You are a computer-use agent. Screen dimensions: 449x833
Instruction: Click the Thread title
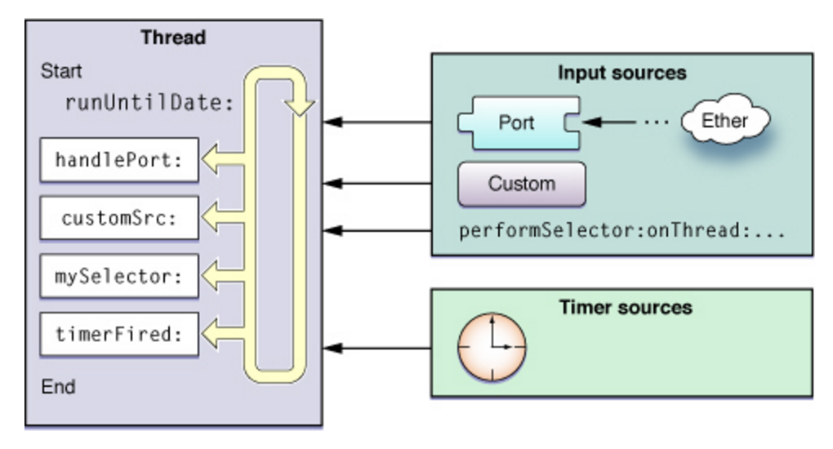click(173, 37)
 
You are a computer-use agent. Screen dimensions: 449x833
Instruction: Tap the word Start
click(61, 71)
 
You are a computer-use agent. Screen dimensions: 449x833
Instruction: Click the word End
click(57, 385)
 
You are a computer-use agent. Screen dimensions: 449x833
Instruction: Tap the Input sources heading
click(621, 73)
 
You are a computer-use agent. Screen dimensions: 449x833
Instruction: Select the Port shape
click(516, 122)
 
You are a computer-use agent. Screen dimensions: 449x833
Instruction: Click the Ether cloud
click(725, 122)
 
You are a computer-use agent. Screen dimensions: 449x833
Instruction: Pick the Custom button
click(521, 184)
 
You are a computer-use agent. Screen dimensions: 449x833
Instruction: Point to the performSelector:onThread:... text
click(621, 231)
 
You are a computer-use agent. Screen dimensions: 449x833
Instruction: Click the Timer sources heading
click(626, 308)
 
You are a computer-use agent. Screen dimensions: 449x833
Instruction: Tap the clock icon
click(491, 347)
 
